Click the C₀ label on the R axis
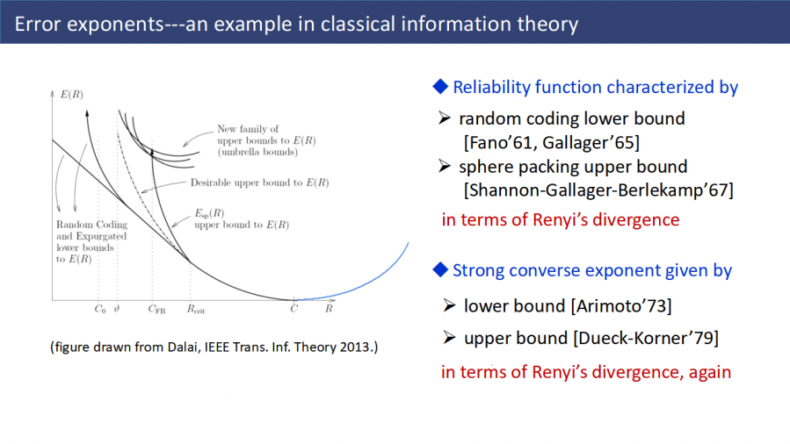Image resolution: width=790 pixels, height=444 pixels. pyautogui.click(x=100, y=309)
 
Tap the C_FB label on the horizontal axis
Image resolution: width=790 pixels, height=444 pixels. pyautogui.click(x=156, y=309)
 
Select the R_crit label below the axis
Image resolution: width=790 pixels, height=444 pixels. pyautogui.click(x=196, y=309)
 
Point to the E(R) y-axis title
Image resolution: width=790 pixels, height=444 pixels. pyautogui.click(x=71, y=94)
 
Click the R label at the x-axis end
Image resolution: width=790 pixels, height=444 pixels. pyautogui.click(x=329, y=308)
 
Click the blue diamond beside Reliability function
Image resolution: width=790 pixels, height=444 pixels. pyautogui.click(x=440, y=87)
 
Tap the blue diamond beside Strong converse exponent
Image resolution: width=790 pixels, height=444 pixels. pyautogui.click(x=440, y=269)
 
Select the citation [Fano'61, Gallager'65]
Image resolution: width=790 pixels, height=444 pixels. pyautogui.click(x=552, y=143)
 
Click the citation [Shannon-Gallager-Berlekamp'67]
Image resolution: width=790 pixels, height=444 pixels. pyautogui.click(x=598, y=190)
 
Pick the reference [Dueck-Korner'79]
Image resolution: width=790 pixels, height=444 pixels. pyautogui.click(x=646, y=338)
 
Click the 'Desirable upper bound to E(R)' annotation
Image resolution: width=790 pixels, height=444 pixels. pyautogui.click(x=259, y=183)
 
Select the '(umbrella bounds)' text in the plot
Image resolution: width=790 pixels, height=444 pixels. pyautogui.click(x=257, y=152)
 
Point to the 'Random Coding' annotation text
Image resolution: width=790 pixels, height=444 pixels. pyautogui.click(x=91, y=225)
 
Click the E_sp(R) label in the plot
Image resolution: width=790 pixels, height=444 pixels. pyautogui.click(x=209, y=213)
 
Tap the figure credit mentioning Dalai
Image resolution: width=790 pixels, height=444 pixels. pyautogui.click(x=214, y=347)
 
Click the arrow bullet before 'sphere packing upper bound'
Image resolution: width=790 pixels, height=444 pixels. pyautogui.click(x=445, y=166)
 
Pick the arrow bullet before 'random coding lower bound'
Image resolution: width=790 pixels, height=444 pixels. pyautogui.click(x=445, y=118)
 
